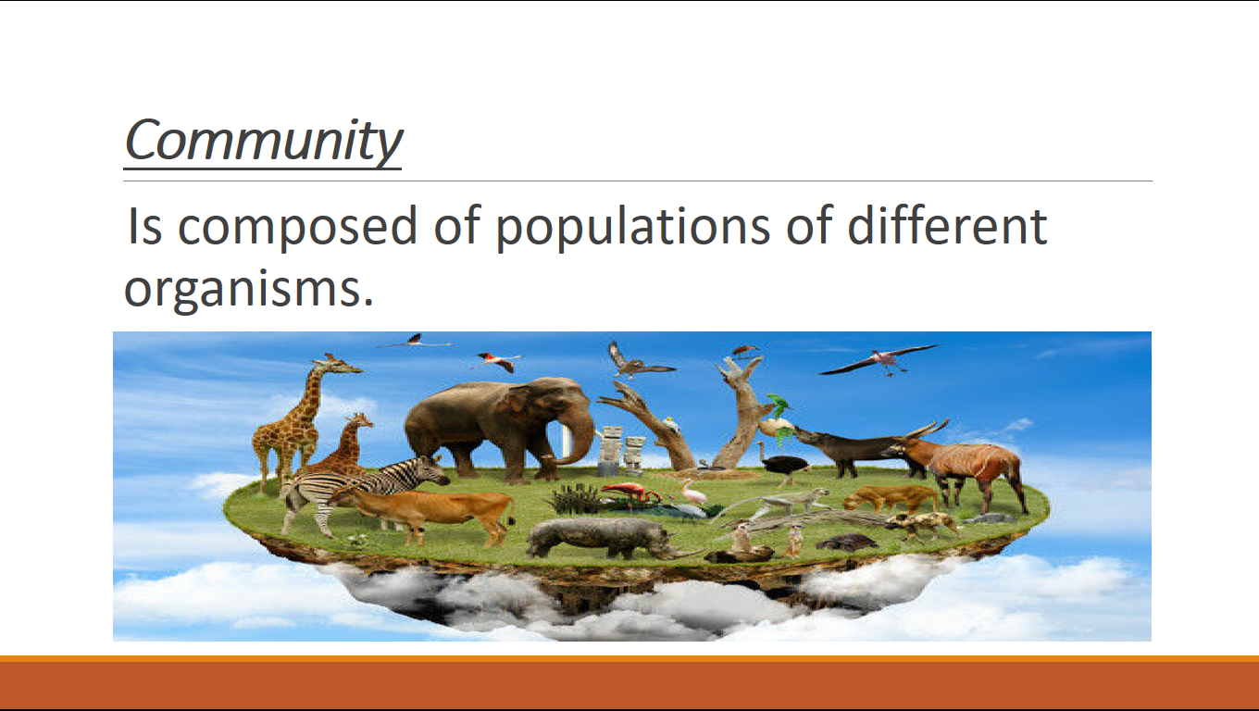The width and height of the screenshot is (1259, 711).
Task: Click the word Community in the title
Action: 263,141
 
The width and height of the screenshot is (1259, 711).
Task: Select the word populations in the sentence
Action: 632,228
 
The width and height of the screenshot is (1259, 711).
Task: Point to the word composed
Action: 297,228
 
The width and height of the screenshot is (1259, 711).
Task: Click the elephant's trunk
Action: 579,432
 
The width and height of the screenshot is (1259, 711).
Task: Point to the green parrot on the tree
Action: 780,405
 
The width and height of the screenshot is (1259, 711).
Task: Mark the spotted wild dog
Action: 922,524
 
